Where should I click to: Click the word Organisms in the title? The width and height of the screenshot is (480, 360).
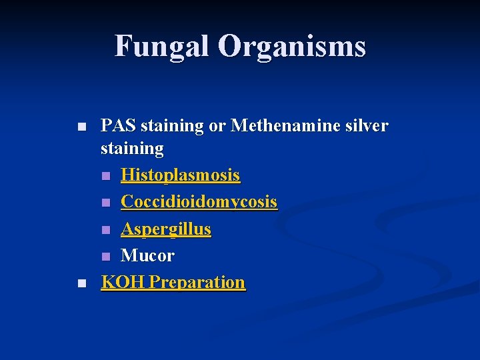click(291, 47)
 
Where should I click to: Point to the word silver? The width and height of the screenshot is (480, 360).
click(365, 125)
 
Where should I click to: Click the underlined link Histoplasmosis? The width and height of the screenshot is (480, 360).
click(180, 175)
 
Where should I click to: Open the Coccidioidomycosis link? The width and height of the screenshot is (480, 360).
click(199, 202)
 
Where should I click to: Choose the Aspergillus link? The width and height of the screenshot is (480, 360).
click(165, 229)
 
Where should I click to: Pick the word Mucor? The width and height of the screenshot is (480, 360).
click(147, 255)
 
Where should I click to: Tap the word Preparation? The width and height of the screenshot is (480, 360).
click(197, 282)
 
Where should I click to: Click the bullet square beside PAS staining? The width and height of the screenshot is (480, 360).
click(81, 126)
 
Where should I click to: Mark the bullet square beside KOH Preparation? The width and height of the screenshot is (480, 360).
click(81, 283)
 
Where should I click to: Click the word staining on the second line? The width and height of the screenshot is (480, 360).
click(132, 149)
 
